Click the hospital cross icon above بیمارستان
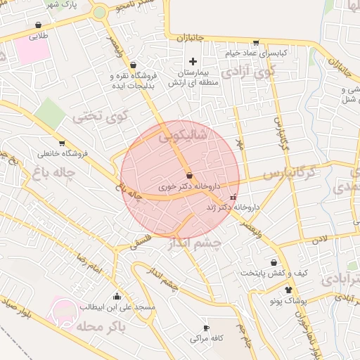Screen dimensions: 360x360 [x=193, y=63]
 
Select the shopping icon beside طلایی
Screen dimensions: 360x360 [x=37, y=25]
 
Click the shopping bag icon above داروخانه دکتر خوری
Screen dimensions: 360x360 [x=189, y=175]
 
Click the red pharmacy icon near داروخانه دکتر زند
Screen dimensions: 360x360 [x=233, y=198]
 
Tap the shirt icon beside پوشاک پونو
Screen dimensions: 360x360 [x=288, y=290]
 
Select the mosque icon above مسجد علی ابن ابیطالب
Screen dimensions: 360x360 [x=117, y=296]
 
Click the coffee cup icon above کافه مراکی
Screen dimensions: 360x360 [x=206, y=328]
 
